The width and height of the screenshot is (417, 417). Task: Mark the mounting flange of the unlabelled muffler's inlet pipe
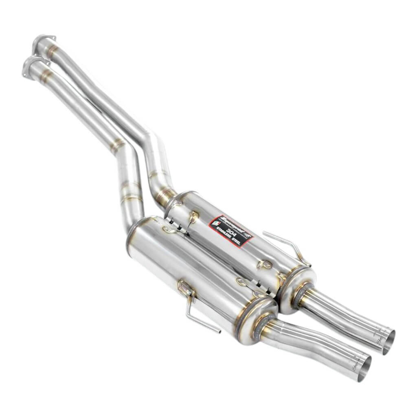[33, 64]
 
